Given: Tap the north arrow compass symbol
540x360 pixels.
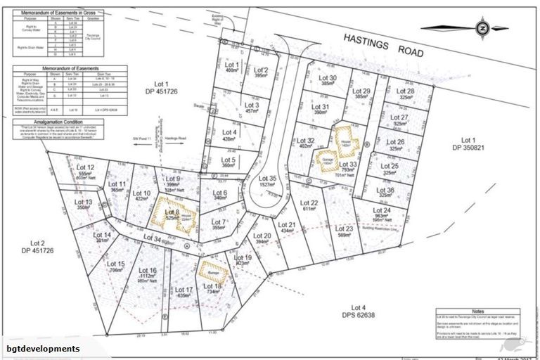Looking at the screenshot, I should (x=482, y=27).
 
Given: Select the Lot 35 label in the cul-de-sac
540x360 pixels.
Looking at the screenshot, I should (x=268, y=180).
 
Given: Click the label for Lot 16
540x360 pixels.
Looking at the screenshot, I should (x=148, y=271).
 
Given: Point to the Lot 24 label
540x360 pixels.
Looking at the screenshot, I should (x=382, y=211).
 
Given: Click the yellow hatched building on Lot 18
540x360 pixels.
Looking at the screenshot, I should (x=210, y=272).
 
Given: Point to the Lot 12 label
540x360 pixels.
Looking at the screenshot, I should (x=87, y=167).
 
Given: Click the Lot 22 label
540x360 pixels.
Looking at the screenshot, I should (x=310, y=204).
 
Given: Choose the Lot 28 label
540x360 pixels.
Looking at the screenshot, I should (x=404, y=91).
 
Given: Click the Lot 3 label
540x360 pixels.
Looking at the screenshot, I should (x=233, y=106).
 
